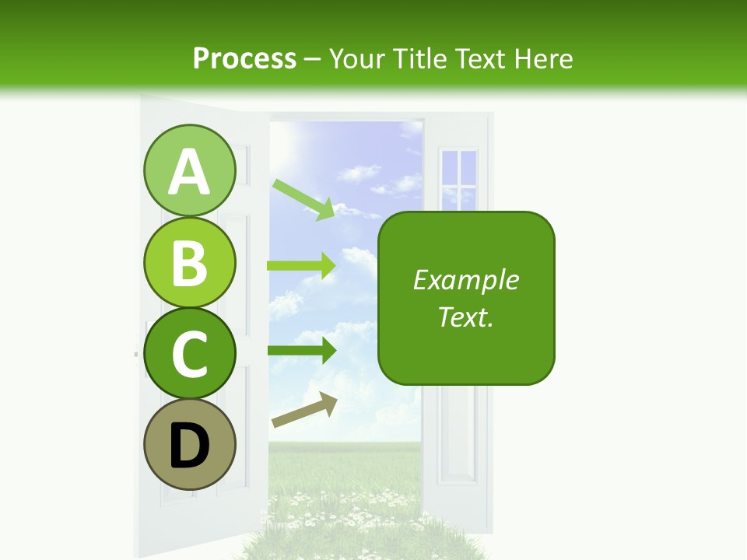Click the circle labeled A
point(190,171)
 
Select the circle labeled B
point(190,262)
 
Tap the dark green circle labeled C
point(190,353)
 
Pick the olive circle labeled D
point(190,444)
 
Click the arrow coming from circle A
point(303,199)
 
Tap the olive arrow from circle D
point(304,411)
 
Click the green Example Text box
point(466,299)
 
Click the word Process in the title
point(244,58)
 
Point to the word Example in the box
point(466,280)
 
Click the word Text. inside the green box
point(466,317)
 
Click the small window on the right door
point(458,178)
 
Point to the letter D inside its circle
point(190,447)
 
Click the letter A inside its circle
point(190,173)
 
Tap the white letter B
point(190,263)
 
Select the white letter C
point(190,354)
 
